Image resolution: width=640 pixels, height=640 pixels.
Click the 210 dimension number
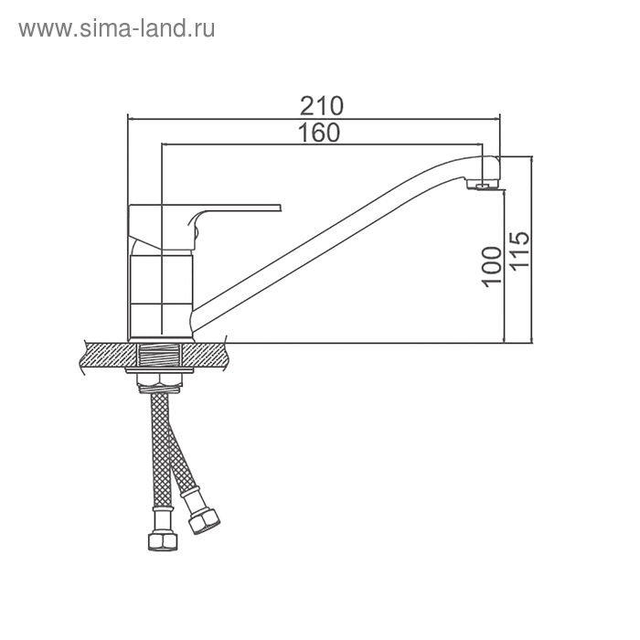point(322,106)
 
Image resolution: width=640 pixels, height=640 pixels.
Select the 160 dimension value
point(319,133)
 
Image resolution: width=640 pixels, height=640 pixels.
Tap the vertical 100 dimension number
point(492,267)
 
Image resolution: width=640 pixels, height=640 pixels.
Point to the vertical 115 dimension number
point(519,250)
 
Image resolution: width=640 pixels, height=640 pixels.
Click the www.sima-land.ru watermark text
point(117,29)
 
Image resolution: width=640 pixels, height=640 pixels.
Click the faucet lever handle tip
point(280,207)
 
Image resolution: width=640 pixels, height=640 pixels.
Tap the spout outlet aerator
point(484,187)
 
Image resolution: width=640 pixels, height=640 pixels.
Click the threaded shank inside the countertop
point(159,356)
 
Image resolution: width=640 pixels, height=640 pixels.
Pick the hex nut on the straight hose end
point(163,541)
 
